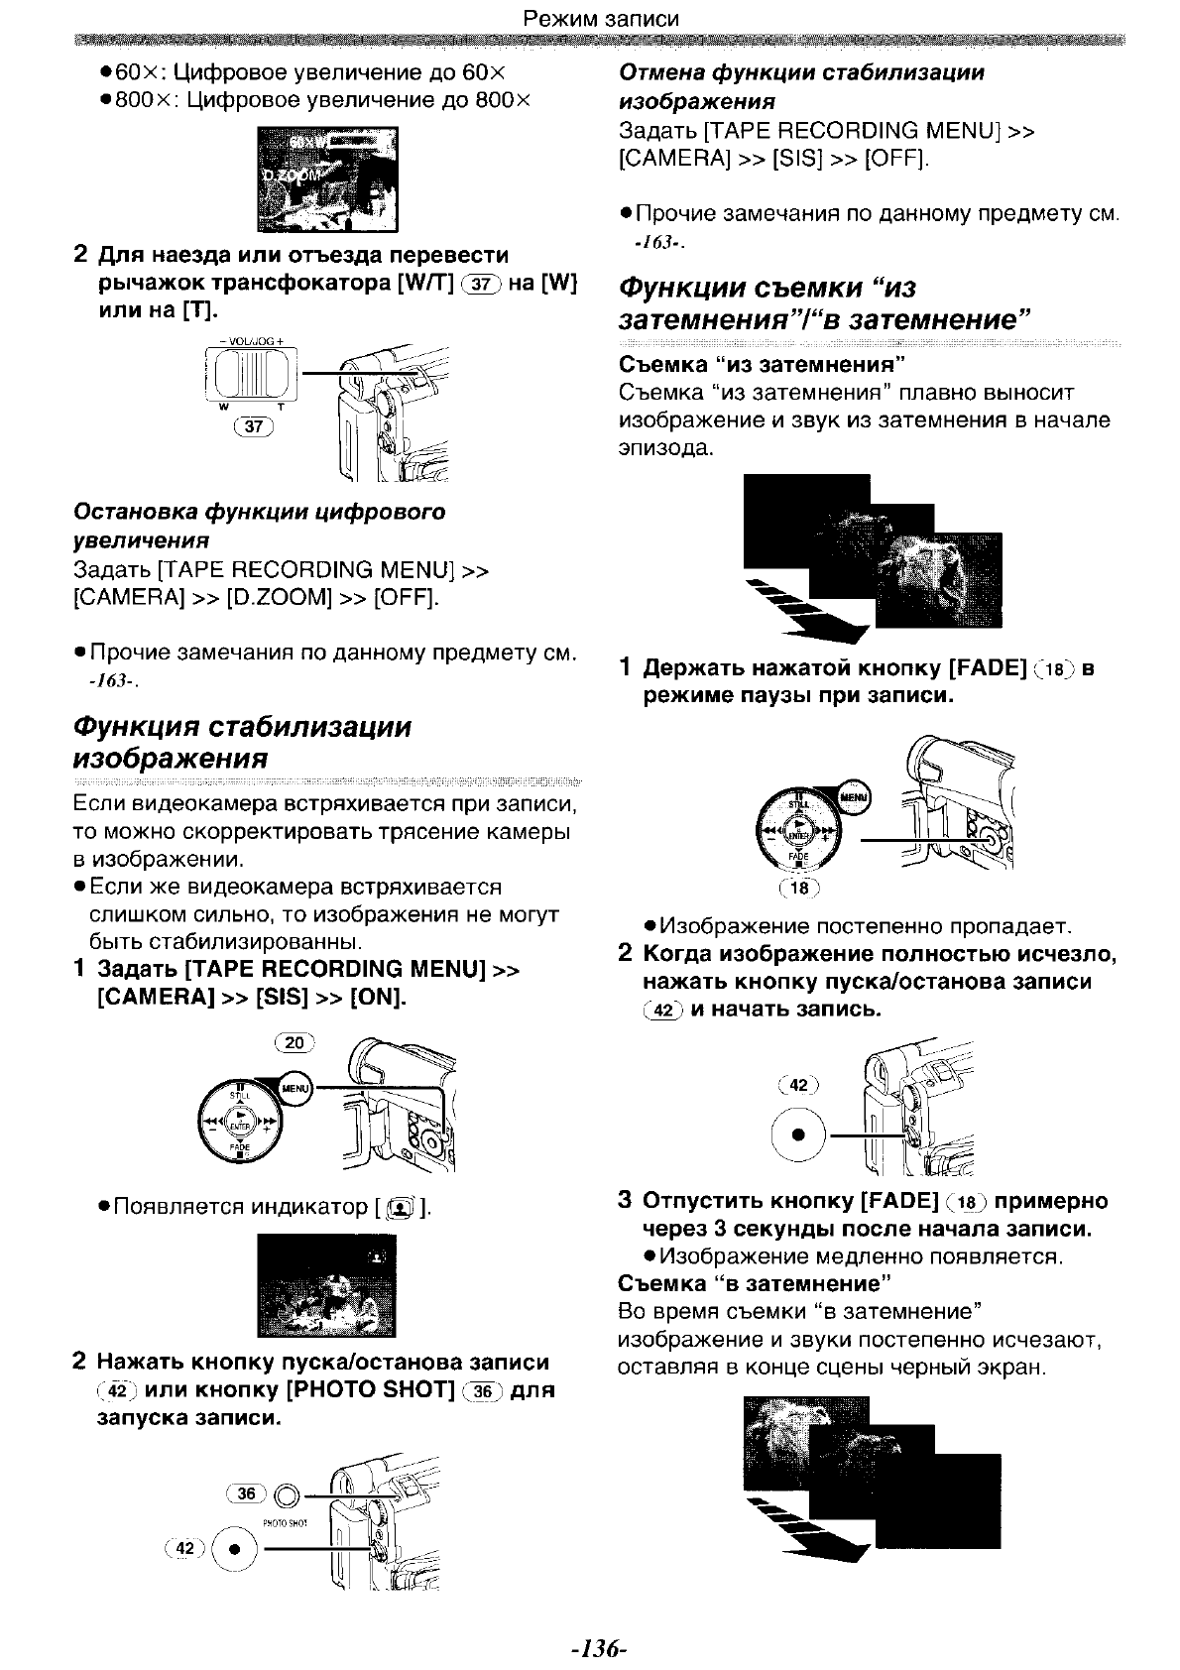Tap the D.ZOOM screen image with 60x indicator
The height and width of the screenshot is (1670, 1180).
(327, 179)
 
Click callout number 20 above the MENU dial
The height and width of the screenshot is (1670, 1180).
(294, 1042)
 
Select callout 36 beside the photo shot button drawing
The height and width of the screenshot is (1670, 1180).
(247, 1493)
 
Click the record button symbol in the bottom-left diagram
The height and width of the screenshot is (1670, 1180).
(235, 1550)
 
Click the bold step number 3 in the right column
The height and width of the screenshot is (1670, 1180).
(625, 1201)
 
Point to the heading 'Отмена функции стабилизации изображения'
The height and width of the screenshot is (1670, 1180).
(801, 86)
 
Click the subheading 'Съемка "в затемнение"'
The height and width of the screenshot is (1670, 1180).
(749, 1284)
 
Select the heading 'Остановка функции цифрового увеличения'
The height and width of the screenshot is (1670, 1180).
(260, 526)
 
